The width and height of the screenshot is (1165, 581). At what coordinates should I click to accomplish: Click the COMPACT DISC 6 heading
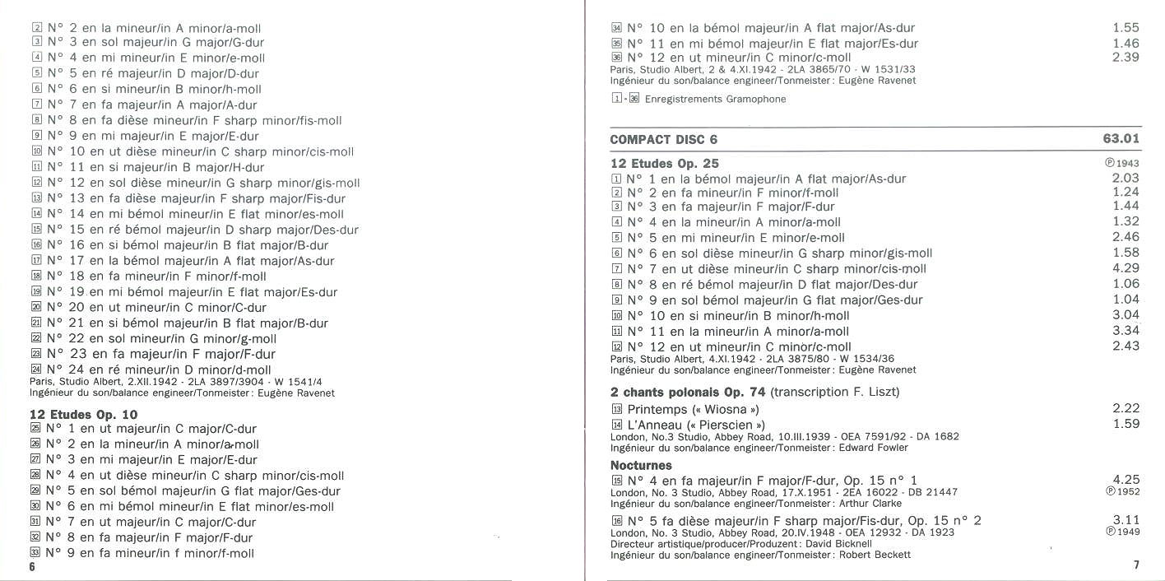coord(663,139)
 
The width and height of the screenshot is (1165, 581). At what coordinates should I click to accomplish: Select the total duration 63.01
coord(1121,139)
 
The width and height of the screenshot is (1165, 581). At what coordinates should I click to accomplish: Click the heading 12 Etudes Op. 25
coord(664,164)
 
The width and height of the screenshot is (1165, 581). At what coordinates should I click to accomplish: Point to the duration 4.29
coord(1126,268)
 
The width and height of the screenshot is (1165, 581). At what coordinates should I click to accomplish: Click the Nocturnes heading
coord(641,465)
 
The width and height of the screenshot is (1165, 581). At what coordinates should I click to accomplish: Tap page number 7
coord(1135,565)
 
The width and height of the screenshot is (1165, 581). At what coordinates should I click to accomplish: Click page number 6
coord(32,567)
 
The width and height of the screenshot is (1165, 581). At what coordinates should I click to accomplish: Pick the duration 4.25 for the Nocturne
coord(1126,479)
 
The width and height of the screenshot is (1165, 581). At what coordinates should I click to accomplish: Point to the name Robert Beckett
coord(875,555)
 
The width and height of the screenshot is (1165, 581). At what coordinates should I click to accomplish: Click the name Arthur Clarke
coord(870,503)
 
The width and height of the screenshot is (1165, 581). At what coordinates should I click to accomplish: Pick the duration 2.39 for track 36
coord(1126,58)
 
